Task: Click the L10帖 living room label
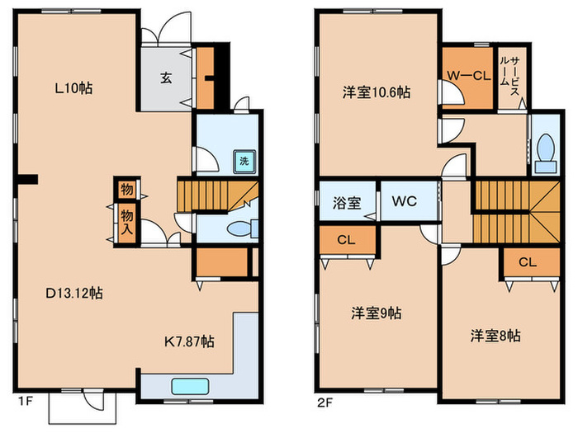coord(74,88)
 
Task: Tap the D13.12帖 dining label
coord(74,293)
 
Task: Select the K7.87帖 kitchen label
coord(188,341)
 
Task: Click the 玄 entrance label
coord(166,79)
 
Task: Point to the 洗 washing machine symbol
coord(244,161)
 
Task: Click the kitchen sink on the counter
coord(189,387)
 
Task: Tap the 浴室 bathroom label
coord(347,200)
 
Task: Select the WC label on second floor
coord(404,200)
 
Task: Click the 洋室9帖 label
coord(377,313)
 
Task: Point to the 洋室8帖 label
coord(495,336)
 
